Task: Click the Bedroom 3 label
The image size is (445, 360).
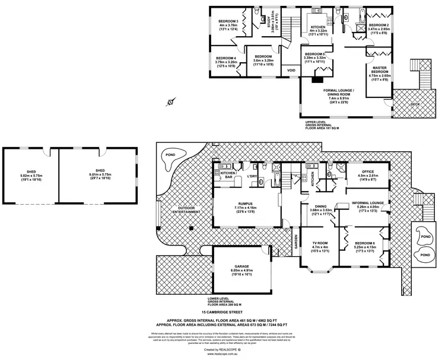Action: pos(228,21)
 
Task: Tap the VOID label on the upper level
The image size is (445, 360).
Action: pos(291,71)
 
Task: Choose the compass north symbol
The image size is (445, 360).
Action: pos(170,102)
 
